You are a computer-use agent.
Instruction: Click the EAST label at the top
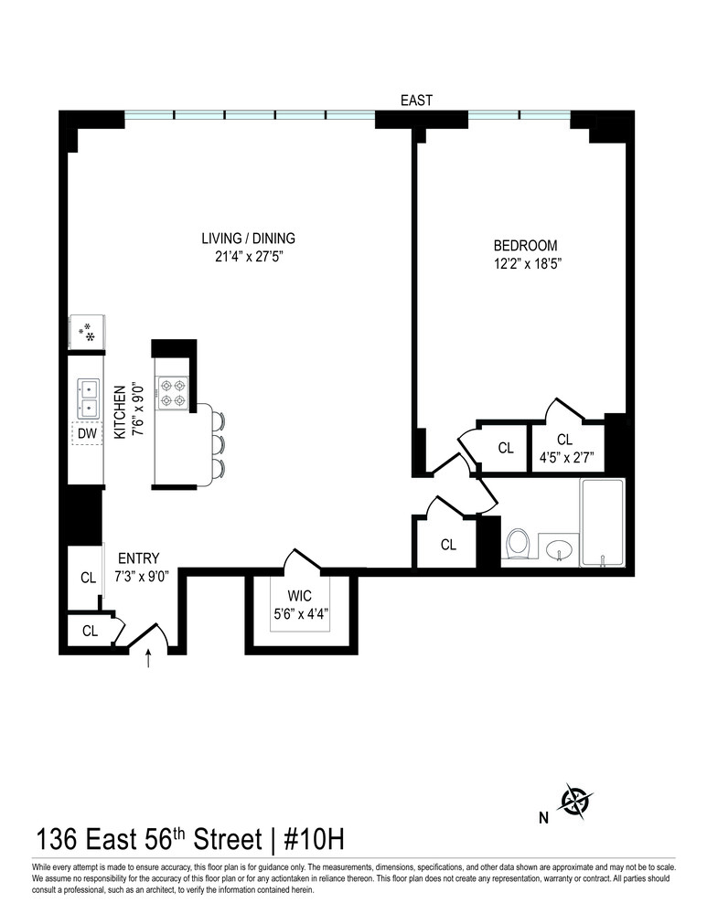[416, 101]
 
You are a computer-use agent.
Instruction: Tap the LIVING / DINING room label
[249, 239]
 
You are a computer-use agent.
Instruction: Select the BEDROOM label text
[525, 246]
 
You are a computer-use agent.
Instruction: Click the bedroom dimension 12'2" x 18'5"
[525, 263]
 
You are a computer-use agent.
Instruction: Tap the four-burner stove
[173, 393]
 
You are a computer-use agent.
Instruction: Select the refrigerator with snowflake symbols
[88, 332]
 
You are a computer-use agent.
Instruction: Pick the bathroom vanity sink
[558, 549]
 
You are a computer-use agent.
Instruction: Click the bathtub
[603, 522]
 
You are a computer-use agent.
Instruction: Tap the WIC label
[300, 598]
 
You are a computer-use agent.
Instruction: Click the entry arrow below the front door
[149, 658]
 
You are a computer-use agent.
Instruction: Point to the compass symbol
[576, 802]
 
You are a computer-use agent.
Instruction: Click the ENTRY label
[138, 558]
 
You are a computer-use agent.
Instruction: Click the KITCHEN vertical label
[120, 413]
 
